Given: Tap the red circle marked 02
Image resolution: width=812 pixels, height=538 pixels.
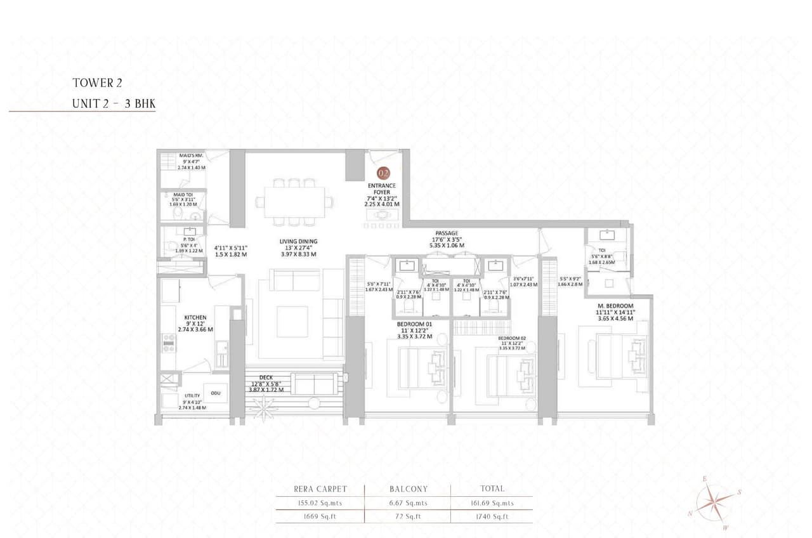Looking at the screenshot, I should click(383, 173).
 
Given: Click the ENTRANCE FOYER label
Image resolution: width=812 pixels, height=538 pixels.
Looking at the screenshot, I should click(382, 188).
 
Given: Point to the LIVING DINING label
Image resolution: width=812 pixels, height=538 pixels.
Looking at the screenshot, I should click(299, 242).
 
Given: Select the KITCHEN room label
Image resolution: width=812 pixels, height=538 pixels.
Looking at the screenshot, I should click(195, 317).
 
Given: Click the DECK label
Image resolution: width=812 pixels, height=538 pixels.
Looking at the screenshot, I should click(266, 377).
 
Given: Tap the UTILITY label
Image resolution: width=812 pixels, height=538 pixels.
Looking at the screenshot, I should click(192, 395).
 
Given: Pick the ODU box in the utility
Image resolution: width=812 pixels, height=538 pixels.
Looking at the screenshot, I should click(215, 393).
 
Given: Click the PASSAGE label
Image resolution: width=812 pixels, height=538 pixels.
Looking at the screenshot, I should click(447, 233).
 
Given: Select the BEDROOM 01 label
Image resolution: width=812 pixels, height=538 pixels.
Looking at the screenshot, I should click(414, 324).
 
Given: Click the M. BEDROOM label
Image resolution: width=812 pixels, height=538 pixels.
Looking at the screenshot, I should click(615, 306).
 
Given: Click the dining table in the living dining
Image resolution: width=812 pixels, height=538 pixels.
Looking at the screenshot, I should click(294, 201).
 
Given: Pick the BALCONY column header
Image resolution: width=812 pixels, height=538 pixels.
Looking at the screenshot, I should click(407, 489).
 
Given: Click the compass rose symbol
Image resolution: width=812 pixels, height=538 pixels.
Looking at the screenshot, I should click(716, 503).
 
